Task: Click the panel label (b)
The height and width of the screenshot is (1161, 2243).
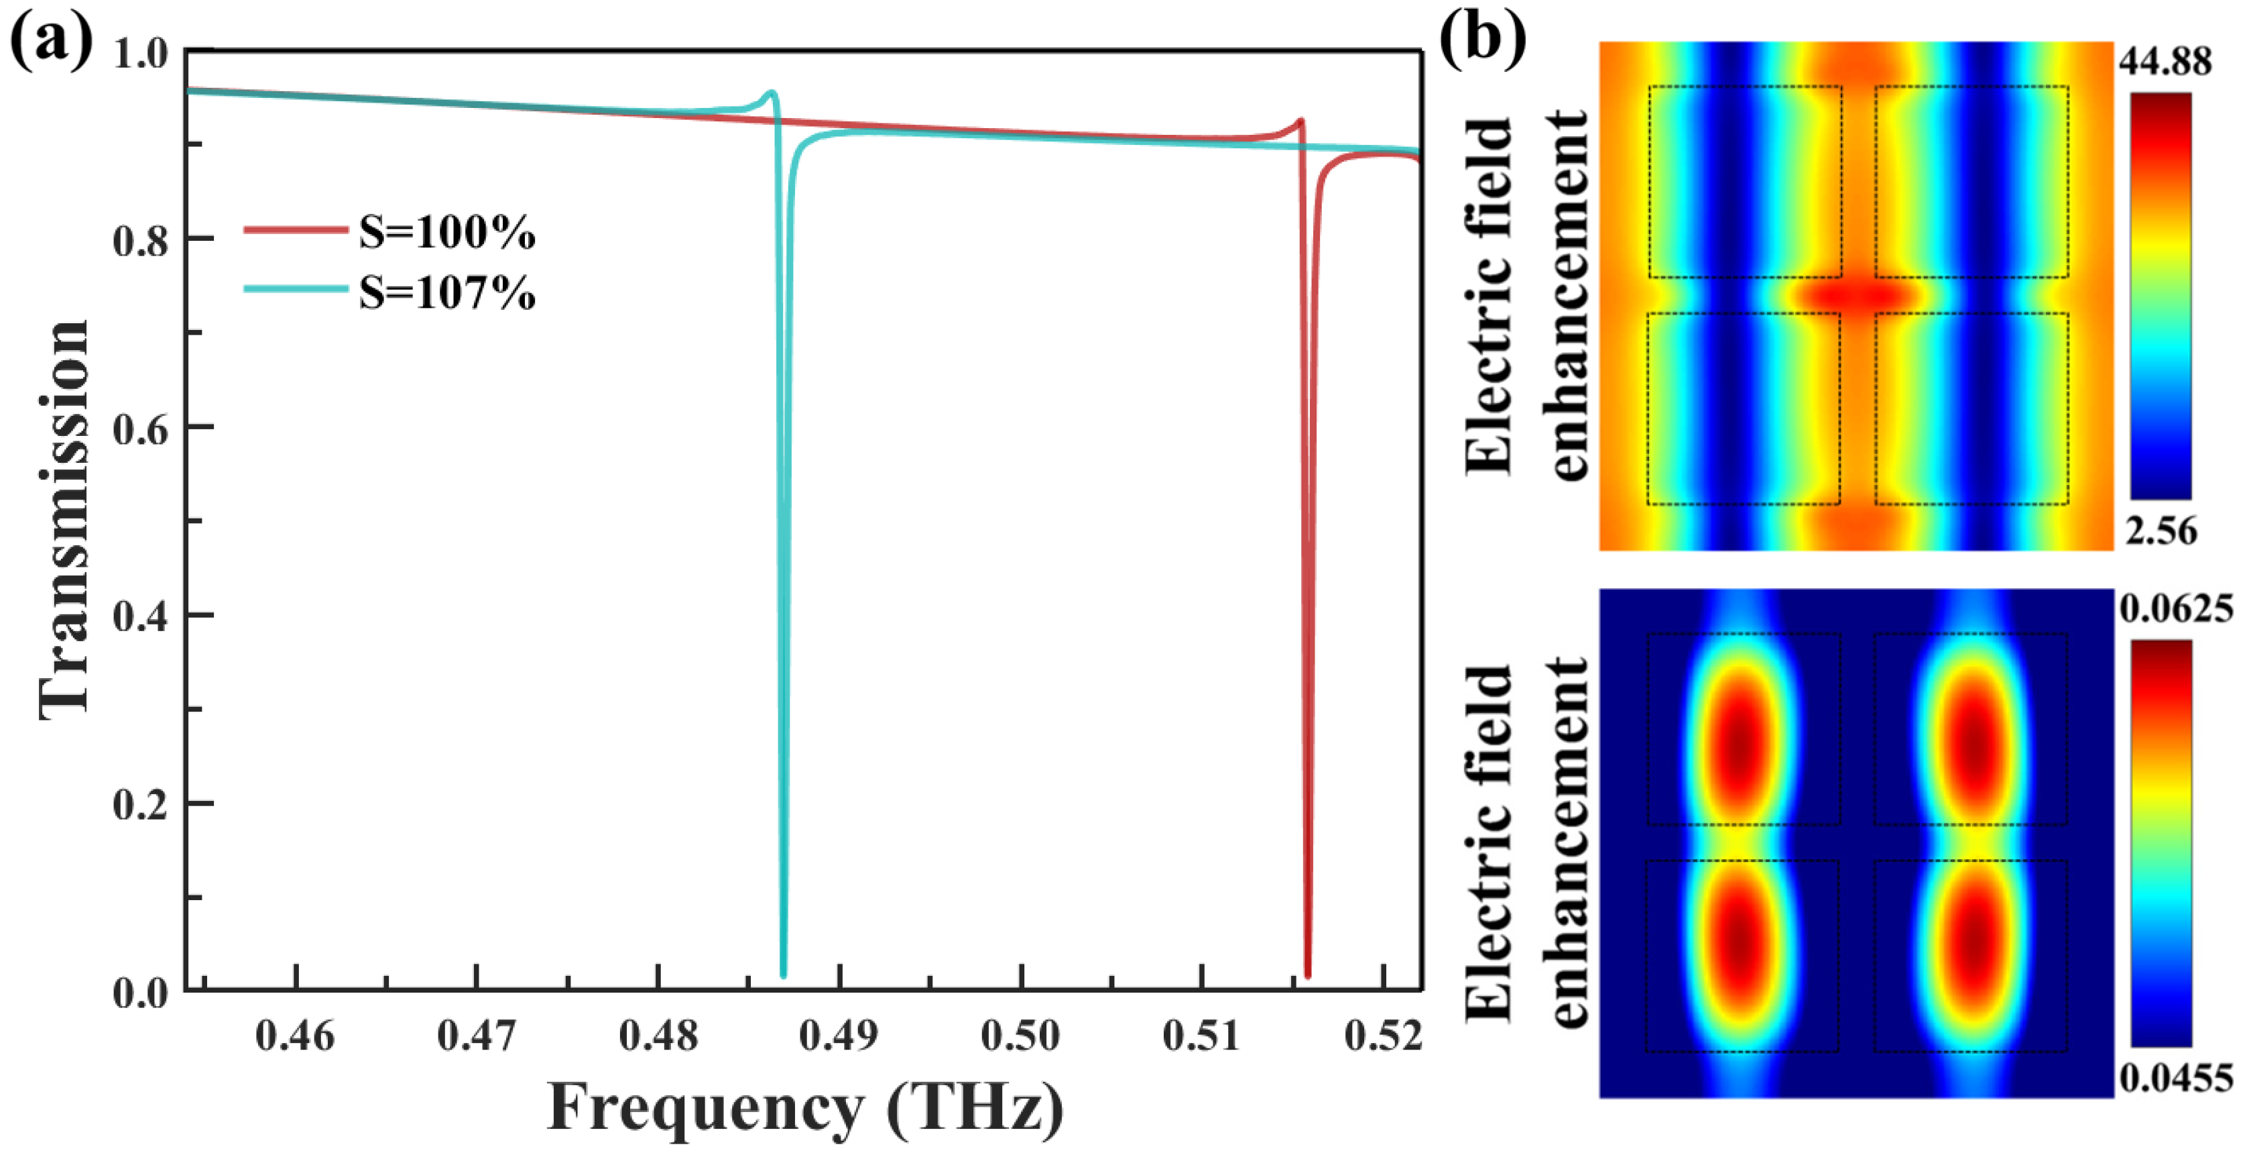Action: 1483,39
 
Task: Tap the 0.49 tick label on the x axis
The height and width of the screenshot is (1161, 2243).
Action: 839,1036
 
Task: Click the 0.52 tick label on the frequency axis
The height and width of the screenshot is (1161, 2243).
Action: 1383,1036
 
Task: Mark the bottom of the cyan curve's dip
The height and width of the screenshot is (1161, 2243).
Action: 784,973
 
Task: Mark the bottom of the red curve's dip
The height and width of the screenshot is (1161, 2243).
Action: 1307,973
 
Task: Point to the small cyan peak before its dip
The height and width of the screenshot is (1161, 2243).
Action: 771,93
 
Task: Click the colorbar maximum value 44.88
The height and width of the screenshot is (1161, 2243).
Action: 2165,62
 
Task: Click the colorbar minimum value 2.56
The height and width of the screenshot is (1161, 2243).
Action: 2161,531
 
